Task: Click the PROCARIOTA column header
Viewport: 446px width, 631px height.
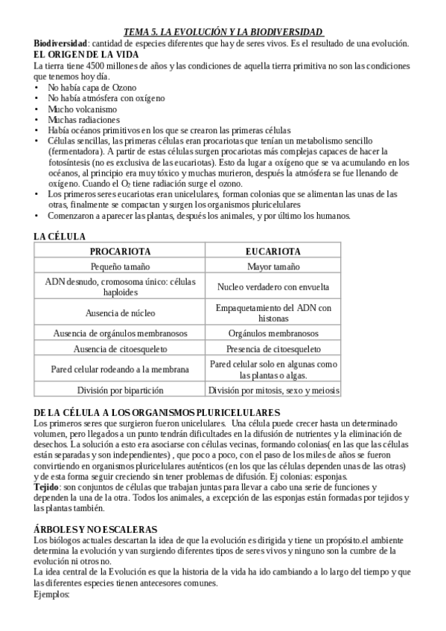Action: point(120,252)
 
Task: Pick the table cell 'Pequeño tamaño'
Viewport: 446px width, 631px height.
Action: point(120,266)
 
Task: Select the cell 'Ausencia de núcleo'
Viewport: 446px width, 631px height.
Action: point(120,313)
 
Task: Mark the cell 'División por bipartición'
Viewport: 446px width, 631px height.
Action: point(120,389)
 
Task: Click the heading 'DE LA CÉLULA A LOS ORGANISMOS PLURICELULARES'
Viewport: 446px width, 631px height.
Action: point(157,412)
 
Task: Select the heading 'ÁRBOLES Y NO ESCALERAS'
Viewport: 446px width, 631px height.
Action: point(95,528)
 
